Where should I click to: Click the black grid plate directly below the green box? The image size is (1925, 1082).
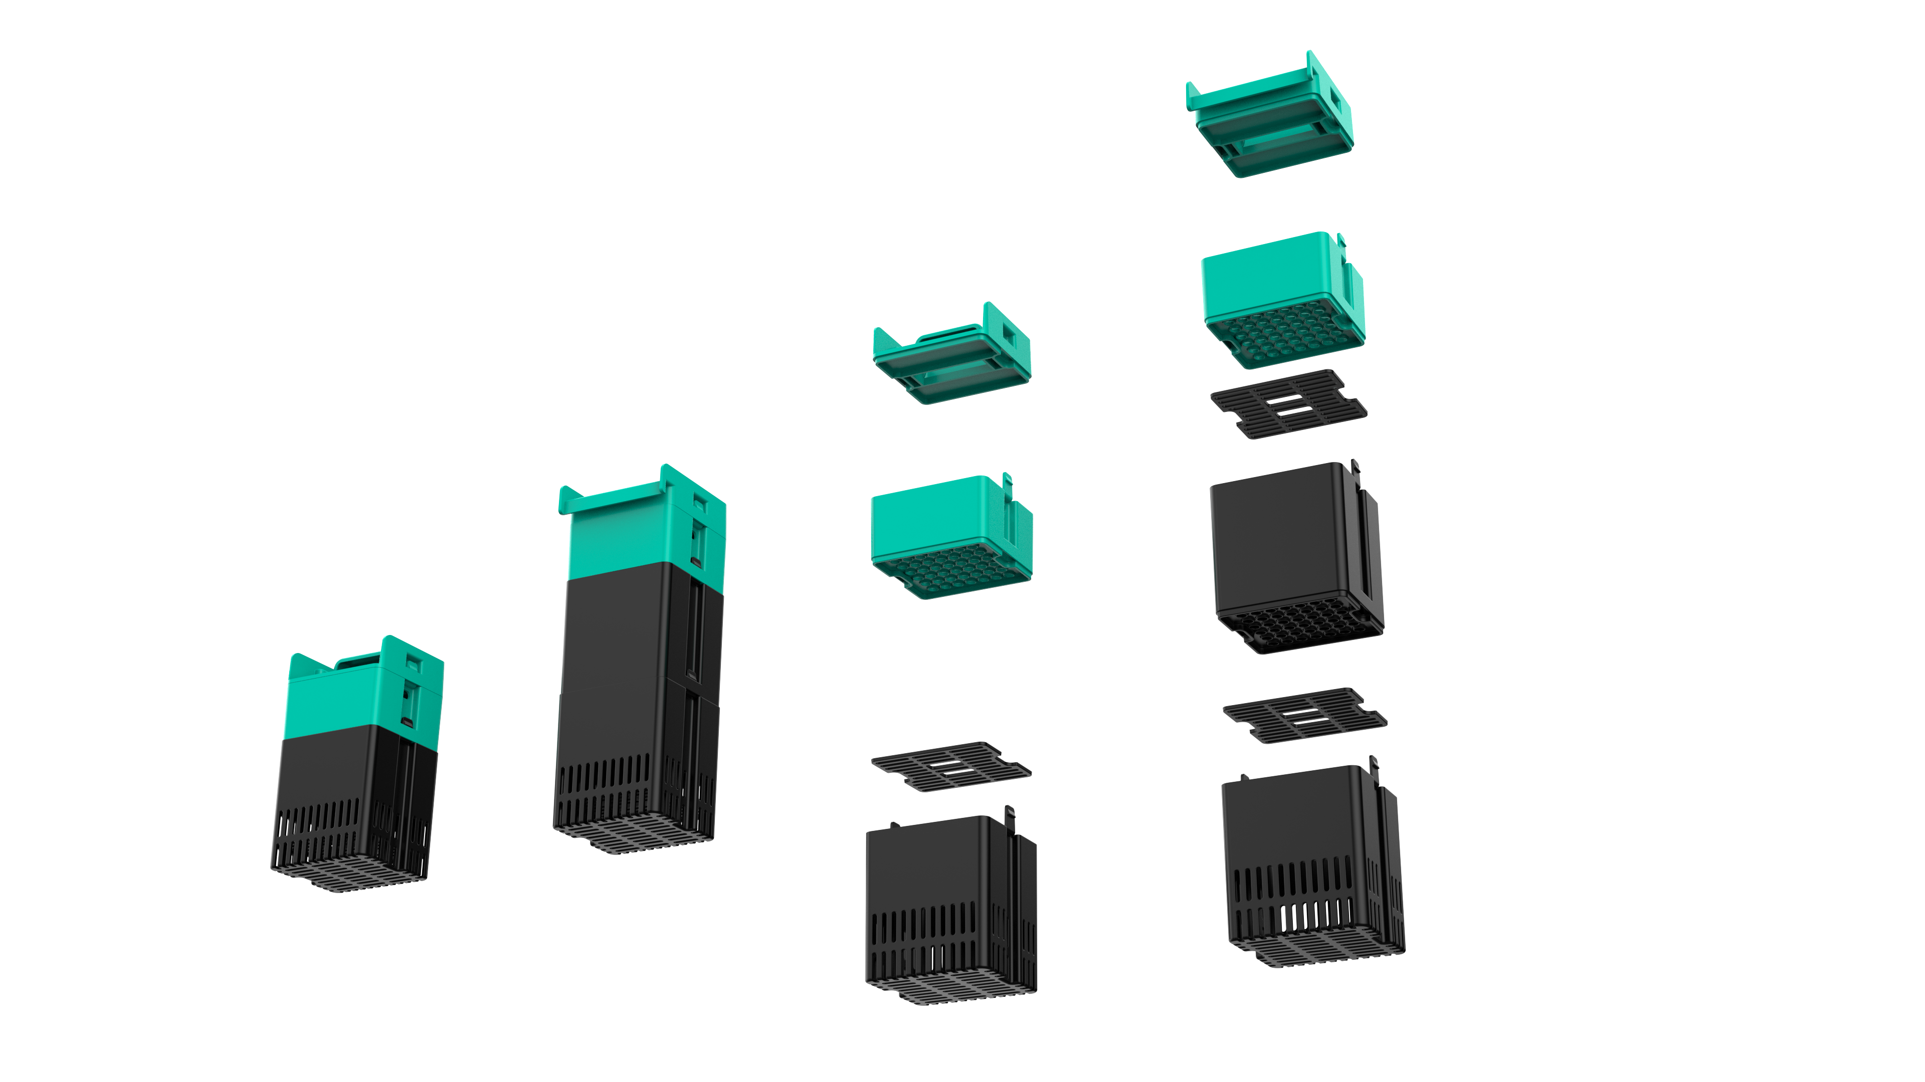(1288, 403)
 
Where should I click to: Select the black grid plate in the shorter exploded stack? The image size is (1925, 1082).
(950, 766)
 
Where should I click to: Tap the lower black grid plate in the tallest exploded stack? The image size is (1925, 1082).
(1304, 715)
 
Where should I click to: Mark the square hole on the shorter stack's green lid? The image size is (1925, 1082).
(1009, 336)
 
